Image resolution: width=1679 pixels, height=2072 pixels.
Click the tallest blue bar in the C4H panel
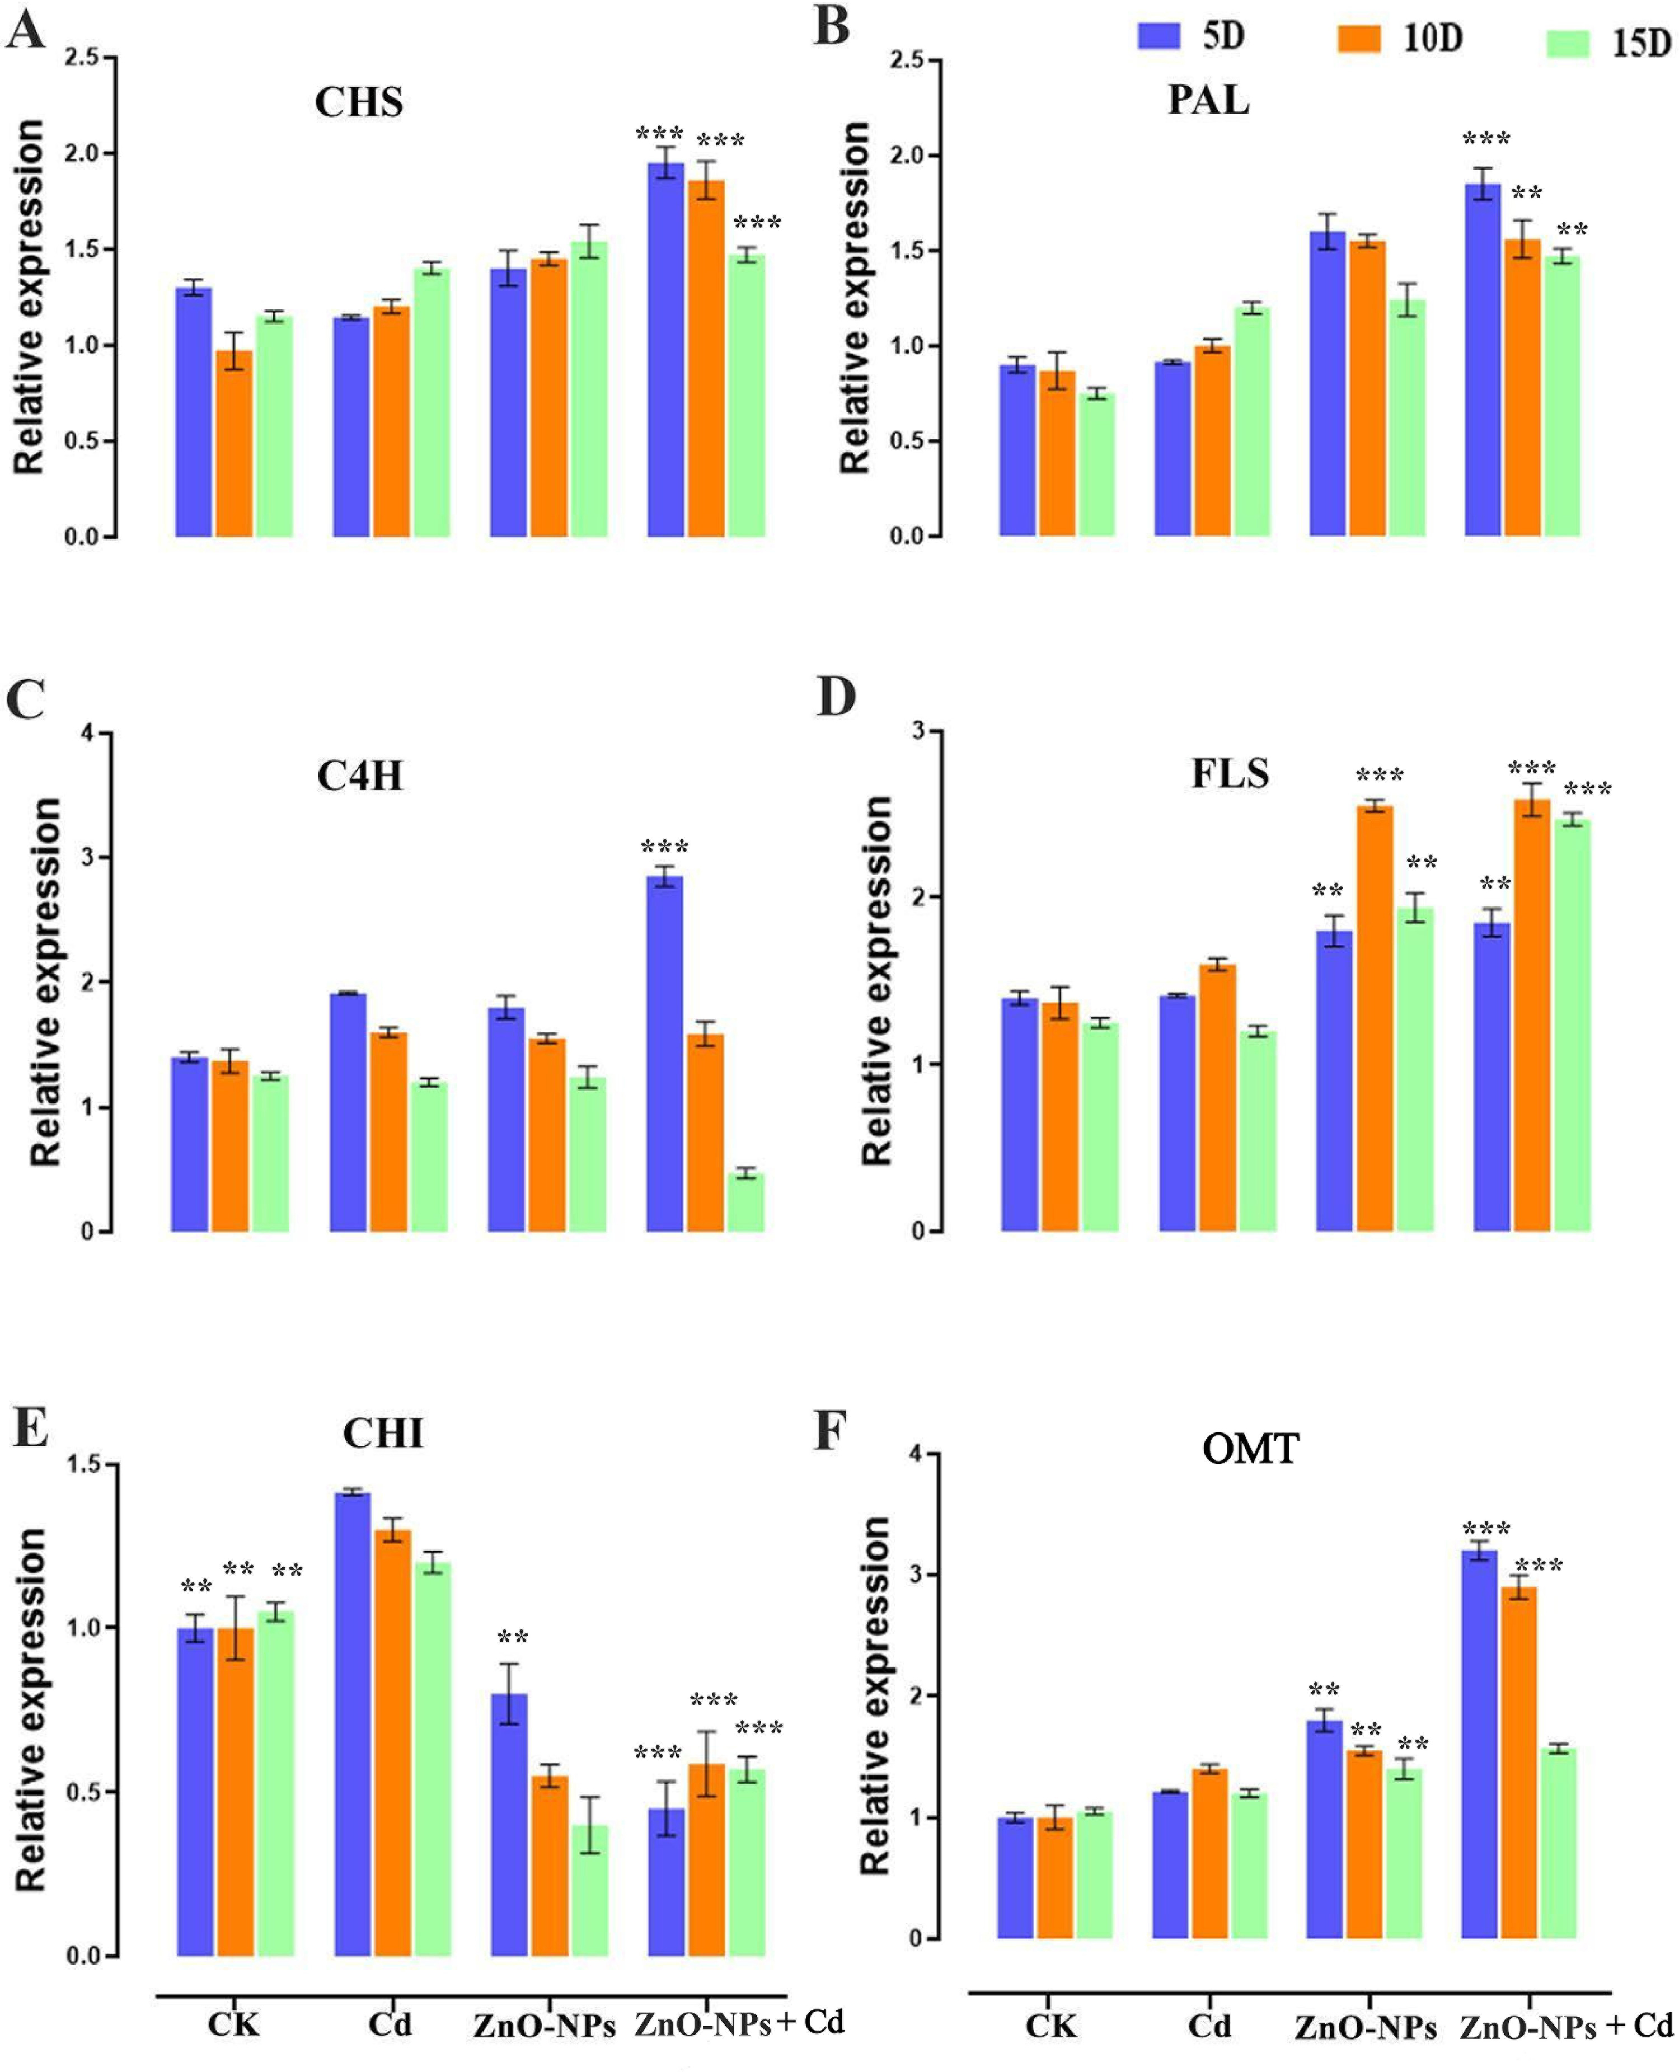click(x=664, y=1054)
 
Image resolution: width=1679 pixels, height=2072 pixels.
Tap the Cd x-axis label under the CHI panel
click(x=390, y=2024)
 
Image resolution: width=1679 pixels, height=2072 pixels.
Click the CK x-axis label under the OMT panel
click(x=1050, y=2026)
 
